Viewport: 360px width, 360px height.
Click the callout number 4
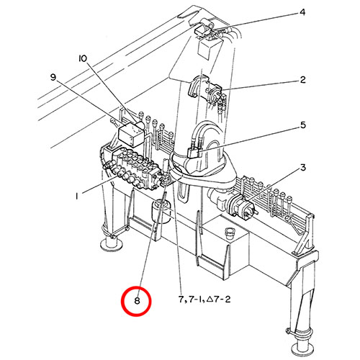302,12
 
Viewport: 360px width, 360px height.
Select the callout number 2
303,80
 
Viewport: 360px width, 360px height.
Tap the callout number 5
303,125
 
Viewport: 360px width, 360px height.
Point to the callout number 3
303,168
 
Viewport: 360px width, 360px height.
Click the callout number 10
83,58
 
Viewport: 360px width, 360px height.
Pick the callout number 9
53,77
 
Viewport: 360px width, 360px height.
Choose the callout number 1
76,197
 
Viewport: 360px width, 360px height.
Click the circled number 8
137,301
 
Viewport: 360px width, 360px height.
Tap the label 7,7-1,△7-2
204,300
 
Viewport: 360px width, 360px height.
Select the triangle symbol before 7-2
210,299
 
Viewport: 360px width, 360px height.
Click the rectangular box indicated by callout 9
132,135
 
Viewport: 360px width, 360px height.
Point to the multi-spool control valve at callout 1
135,169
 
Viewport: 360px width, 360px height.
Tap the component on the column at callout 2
205,89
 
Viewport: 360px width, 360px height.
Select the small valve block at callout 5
194,153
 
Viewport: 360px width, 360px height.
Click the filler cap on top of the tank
230,233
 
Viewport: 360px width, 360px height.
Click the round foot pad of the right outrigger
302,348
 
